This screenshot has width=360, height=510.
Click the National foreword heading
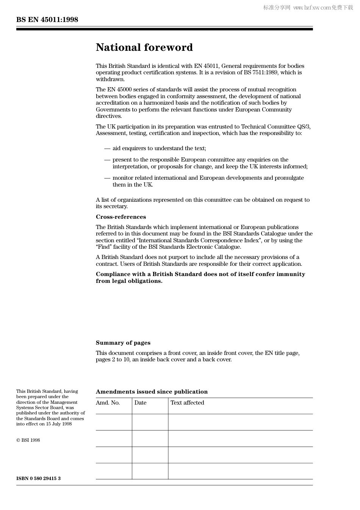click(x=144, y=47)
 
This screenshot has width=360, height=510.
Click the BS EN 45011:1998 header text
click(x=47, y=20)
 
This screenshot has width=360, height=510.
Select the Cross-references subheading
click(x=121, y=217)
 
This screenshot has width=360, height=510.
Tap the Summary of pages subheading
click(x=123, y=343)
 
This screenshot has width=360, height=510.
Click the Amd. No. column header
click(x=108, y=403)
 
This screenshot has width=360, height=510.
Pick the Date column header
click(x=140, y=403)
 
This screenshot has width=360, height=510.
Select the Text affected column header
click(x=187, y=403)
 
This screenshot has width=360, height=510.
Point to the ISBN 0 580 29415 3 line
click(x=38, y=479)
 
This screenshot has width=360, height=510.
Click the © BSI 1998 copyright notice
click(x=28, y=440)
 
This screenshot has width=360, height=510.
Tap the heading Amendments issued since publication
click(x=152, y=392)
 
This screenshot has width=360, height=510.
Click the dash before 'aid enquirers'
click(x=107, y=149)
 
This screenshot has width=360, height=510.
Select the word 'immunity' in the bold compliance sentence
click(x=291, y=274)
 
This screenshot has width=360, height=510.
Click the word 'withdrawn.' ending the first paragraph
click(x=110, y=79)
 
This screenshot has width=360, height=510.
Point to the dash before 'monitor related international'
click(x=107, y=178)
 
